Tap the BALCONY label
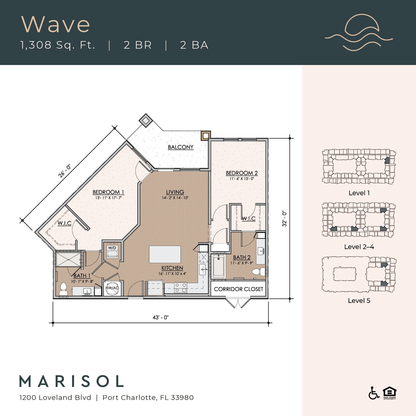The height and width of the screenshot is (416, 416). coord(180,147)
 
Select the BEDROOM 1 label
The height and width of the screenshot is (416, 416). coord(108,192)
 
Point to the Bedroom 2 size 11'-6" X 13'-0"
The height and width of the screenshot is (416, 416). coord(242,179)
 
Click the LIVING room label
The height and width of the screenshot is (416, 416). coord(175,192)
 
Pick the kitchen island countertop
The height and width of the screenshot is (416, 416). coord(165,254)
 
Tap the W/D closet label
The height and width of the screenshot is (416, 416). coord(112,248)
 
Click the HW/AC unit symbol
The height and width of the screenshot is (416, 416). coord(112,288)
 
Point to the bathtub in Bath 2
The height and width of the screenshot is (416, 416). coord(218,266)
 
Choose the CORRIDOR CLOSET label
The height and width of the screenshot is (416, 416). coord(238,289)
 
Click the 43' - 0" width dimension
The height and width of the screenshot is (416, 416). coord(161,317)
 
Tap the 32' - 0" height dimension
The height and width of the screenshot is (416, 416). coord(284,218)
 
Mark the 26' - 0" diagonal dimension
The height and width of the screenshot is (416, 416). coord(64,171)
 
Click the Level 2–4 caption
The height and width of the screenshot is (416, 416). coord(359,247)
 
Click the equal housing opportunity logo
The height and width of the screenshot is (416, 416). coord(389,393)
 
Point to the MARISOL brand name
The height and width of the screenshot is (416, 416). coord(72,381)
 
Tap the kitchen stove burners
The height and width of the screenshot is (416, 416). coord(181,288)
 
